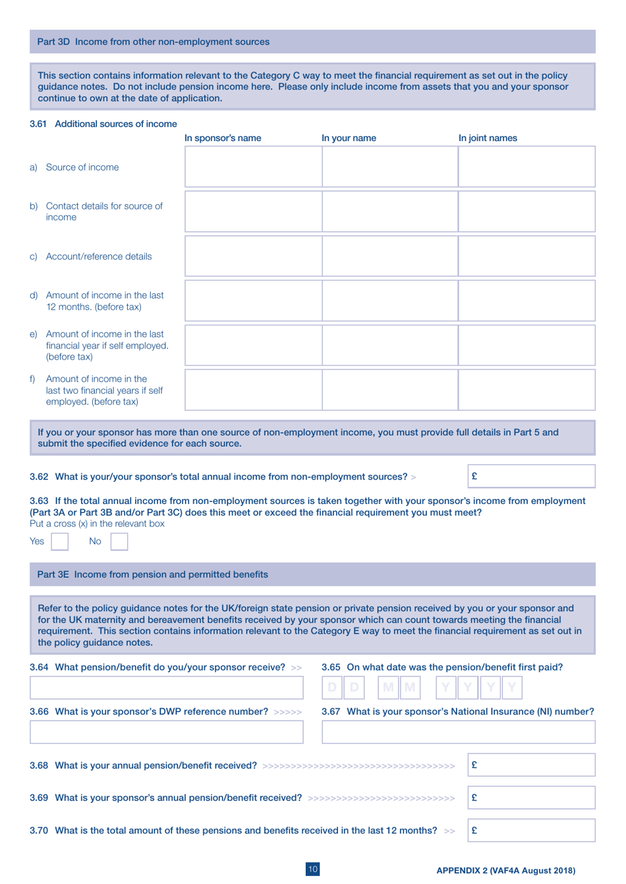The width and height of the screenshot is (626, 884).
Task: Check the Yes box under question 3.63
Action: pos(59,541)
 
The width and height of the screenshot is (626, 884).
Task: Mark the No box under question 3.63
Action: pos(119,541)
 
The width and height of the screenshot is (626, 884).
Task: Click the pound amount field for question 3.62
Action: pos(531,476)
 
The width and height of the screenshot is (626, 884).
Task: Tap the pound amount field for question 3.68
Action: pos(531,765)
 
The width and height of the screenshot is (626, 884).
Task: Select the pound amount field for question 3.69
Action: pos(531,798)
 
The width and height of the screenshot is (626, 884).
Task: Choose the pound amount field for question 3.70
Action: pos(531,830)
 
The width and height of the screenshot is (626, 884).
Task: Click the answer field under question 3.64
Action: pos(166,688)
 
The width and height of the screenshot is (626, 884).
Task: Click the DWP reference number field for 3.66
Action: pos(166,732)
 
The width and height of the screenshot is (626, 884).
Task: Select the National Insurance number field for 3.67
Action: pos(458,732)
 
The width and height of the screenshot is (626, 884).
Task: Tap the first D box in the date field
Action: pos(332,688)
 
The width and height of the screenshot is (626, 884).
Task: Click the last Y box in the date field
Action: pos(513,688)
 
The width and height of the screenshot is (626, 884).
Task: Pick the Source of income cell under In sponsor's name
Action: pos(253,167)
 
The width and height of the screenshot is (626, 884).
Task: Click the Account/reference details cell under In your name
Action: pos(389,256)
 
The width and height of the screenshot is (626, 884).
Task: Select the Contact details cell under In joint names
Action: pos(526,211)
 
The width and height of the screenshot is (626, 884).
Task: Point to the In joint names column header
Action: pos(488,138)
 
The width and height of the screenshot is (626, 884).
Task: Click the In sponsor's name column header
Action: pos(223,138)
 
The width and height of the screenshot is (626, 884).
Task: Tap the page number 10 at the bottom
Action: pos(313,869)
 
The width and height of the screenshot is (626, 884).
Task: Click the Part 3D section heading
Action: pos(153,41)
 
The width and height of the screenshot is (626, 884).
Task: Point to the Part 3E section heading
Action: pos(152,574)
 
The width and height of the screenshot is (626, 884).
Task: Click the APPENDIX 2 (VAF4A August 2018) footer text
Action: pos(505,870)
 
